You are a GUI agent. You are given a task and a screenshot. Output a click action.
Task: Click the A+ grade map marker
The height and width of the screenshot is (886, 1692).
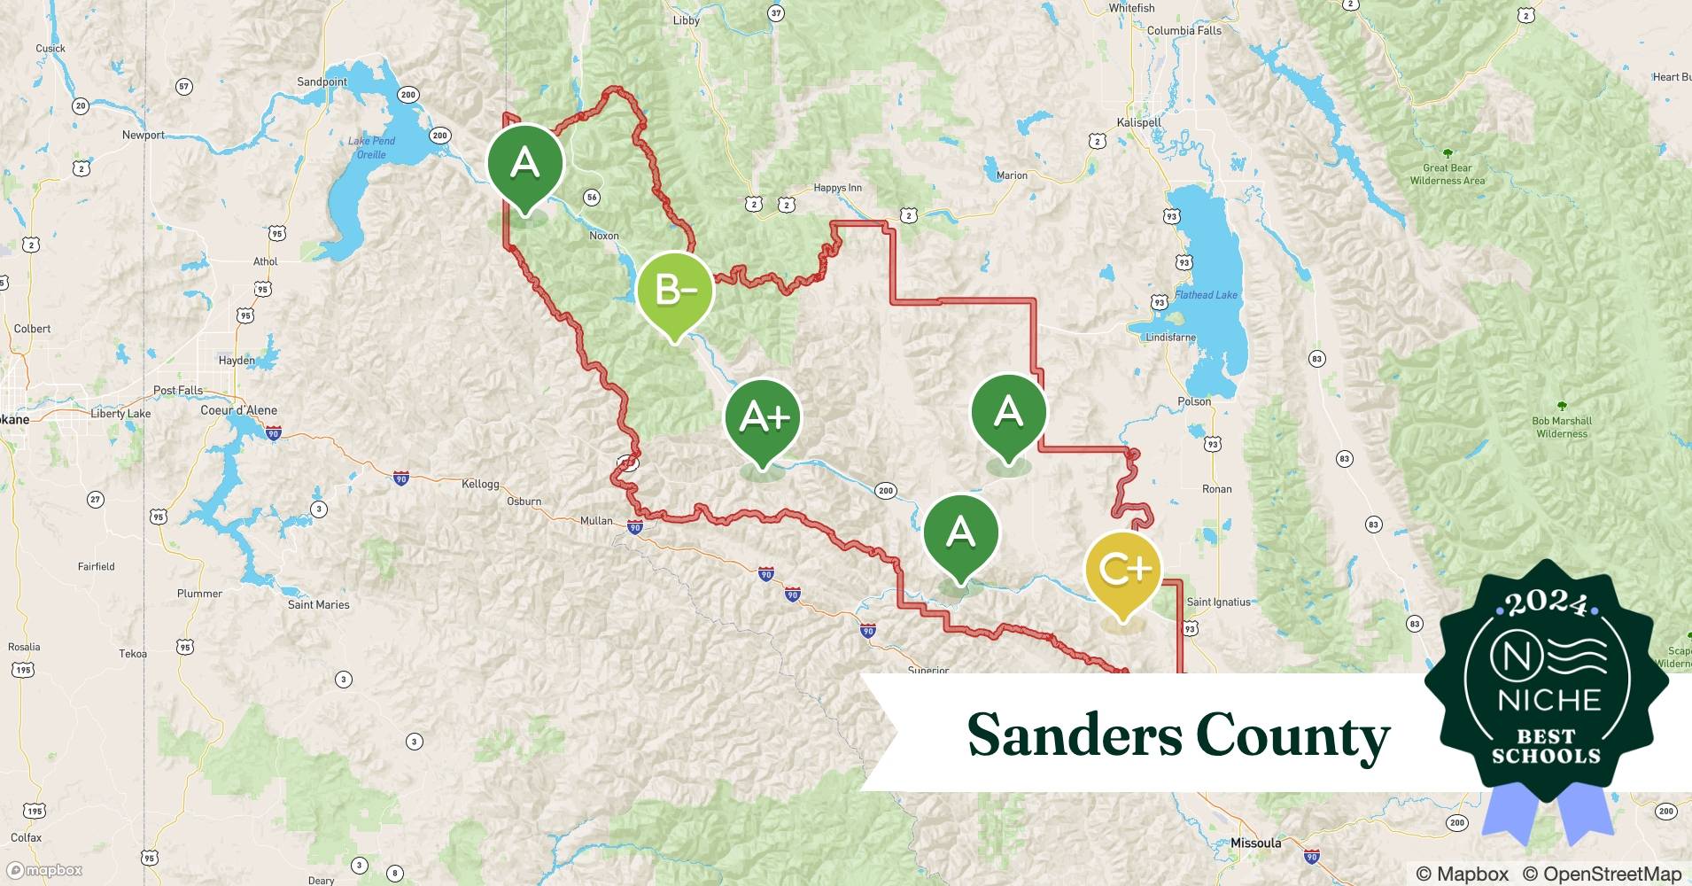pyautogui.click(x=763, y=416)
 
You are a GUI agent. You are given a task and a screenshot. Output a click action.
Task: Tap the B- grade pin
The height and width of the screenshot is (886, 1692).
pyautogui.click(x=674, y=290)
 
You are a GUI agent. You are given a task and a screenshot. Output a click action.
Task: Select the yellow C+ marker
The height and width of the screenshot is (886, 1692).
pyautogui.click(x=1122, y=568)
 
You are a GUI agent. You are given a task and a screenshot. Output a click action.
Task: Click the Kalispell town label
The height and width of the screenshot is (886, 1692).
pyautogui.click(x=1138, y=122)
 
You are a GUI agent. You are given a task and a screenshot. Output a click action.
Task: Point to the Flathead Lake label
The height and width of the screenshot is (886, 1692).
pyautogui.click(x=1206, y=295)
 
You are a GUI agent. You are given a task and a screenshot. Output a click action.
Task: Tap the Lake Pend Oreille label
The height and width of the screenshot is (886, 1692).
pyautogui.click(x=371, y=147)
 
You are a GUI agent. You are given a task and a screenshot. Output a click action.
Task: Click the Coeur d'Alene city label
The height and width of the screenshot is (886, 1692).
pyautogui.click(x=238, y=410)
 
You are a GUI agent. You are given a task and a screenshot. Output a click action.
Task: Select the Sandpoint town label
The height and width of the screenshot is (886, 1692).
pyautogui.click(x=322, y=82)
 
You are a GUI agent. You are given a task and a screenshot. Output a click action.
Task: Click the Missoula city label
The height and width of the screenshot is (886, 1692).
pyautogui.click(x=1255, y=843)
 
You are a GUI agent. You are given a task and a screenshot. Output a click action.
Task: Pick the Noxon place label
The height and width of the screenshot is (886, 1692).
pyautogui.click(x=604, y=236)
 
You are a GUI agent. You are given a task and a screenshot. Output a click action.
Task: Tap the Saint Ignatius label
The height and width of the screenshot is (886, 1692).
pyautogui.click(x=1218, y=602)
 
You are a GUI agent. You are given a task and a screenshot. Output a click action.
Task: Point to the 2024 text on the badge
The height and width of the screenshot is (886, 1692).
pyautogui.click(x=1546, y=602)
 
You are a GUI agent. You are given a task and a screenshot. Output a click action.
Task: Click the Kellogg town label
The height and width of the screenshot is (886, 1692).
pyautogui.click(x=480, y=484)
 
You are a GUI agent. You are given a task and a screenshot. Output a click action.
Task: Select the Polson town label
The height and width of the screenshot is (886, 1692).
pyautogui.click(x=1193, y=401)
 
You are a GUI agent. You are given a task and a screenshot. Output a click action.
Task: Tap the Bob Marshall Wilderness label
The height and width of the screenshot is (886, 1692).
pyautogui.click(x=1562, y=427)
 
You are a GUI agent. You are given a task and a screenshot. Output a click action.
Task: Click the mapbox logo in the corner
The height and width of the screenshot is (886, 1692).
pyautogui.click(x=44, y=870)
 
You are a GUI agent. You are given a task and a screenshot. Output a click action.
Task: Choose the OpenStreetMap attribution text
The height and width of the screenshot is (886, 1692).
pyautogui.click(x=1602, y=874)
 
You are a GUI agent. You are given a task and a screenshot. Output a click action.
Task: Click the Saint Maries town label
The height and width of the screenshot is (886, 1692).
pyautogui.click(x=318, y=604)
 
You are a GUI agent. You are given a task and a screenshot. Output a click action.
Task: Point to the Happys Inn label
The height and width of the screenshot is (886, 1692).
pyautogui.click(x=837, y=188)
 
